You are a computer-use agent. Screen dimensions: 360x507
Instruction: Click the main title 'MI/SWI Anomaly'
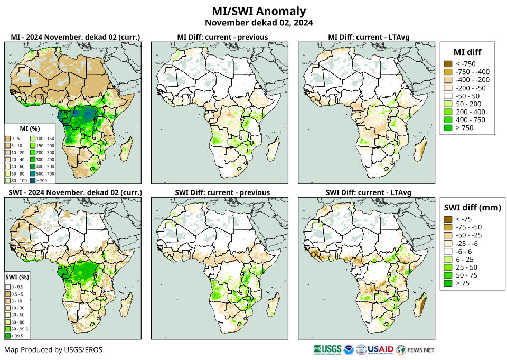click(259, 11)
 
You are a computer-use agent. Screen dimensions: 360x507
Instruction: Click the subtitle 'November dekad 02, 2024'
click(259, 23)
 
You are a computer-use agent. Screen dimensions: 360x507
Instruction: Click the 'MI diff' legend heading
click(467, 51)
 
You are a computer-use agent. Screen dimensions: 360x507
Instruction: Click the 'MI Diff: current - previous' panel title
click(222, 37)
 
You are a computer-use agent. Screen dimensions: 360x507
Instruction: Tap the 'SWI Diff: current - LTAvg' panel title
click(369, 192)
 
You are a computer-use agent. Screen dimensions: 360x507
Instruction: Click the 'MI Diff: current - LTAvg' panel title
click(369, 37)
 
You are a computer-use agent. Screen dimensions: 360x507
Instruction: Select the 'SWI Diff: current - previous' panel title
click(222, 192)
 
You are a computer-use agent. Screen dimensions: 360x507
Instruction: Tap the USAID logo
click(380, 349)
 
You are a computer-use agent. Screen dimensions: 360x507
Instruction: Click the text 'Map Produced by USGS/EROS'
click(53, 350)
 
